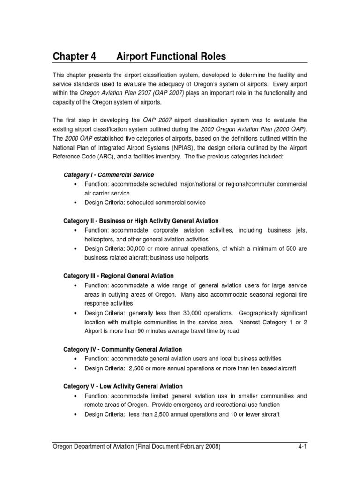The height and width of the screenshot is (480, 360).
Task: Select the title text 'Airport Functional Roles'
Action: (x=171, y=57)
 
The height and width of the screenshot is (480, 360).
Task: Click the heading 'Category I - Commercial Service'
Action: (x=108, y=175)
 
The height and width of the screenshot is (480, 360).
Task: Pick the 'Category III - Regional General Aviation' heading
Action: (x=118, y=276)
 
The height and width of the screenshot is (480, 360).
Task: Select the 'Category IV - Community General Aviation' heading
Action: (x=122, y=349)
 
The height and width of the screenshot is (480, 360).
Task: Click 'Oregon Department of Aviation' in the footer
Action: (x=94, y=447)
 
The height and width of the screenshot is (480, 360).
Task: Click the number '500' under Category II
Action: (x=292, y=248)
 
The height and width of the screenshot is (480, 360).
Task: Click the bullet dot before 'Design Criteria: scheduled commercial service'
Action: (x=75, y=202)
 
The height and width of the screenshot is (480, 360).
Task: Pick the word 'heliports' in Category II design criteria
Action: (x=196, y=257)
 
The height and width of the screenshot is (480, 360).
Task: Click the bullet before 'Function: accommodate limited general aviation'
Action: (x=75, y=396)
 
